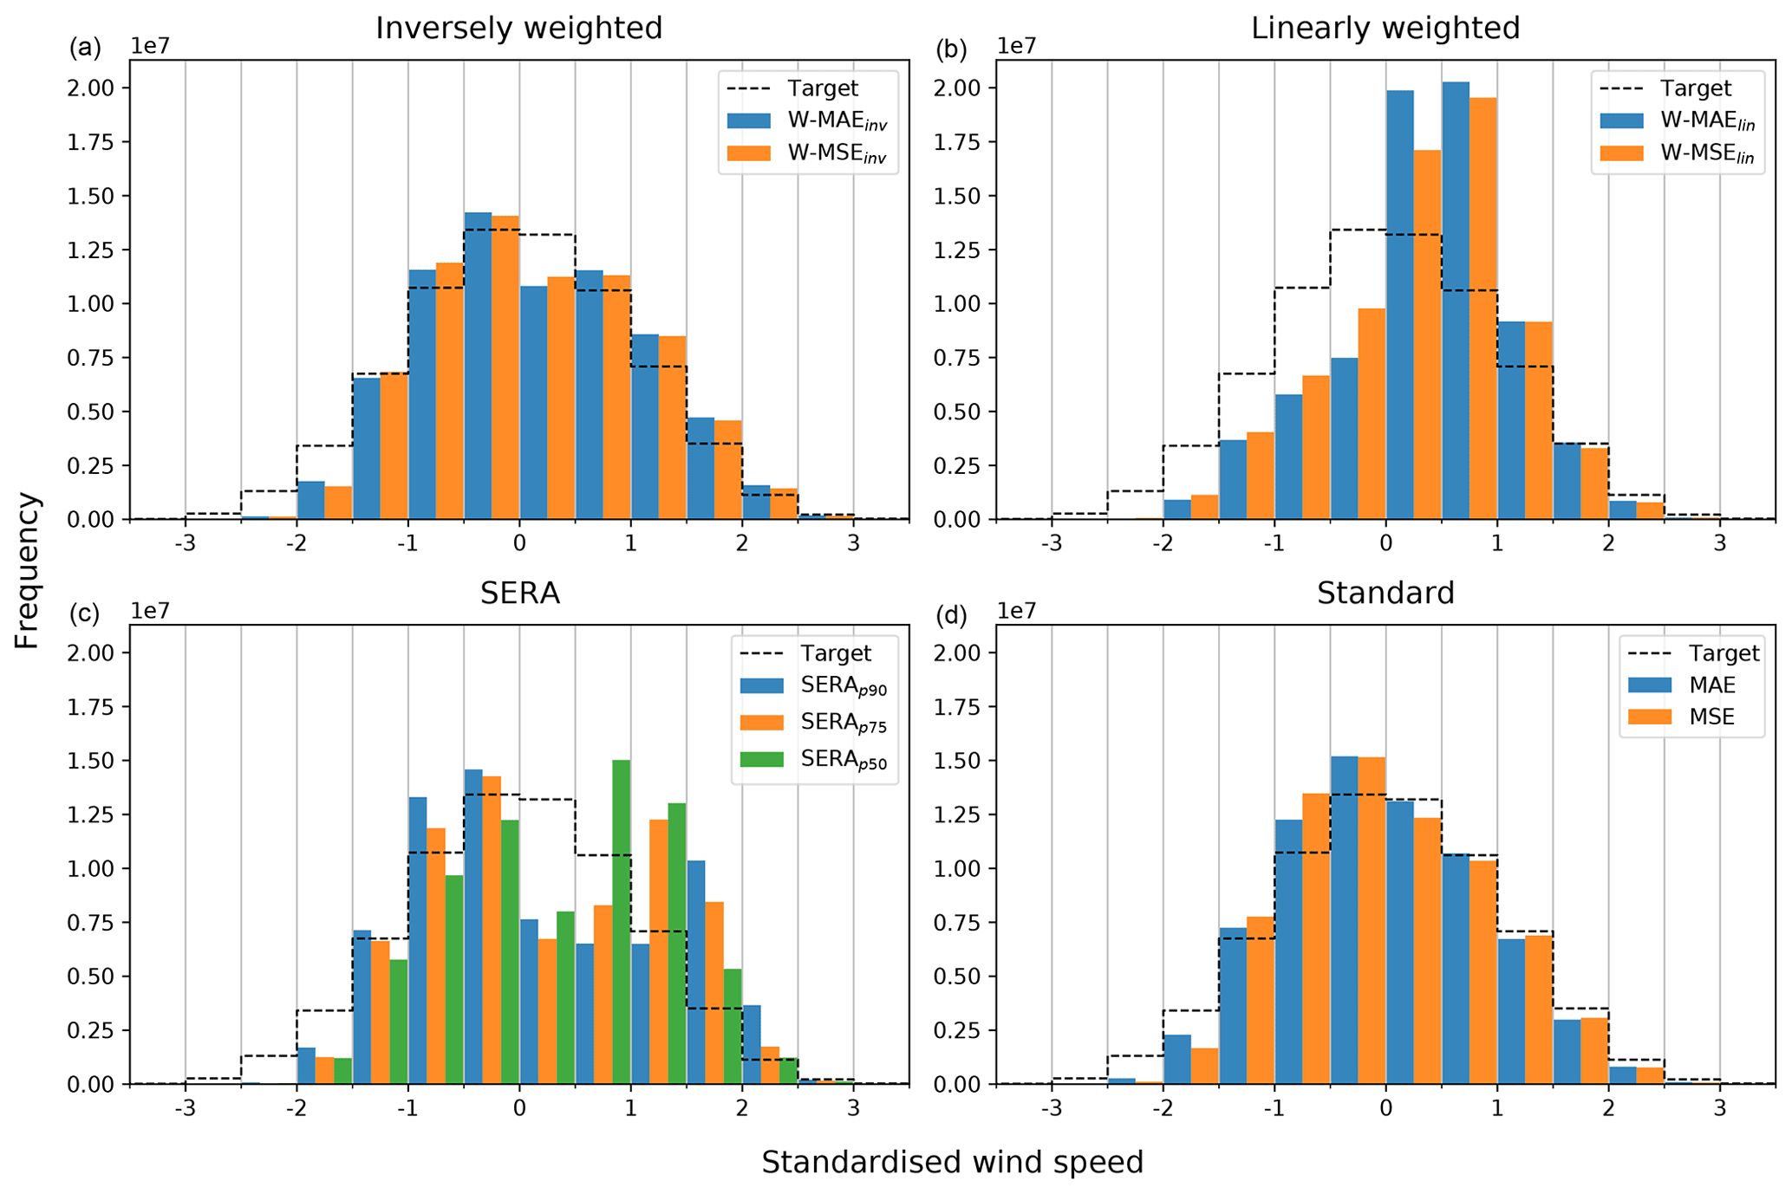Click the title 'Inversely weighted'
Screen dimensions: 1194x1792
(x=518, y=29)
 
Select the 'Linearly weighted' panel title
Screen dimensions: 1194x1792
(x=1385, y=29)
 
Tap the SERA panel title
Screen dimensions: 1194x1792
(x=519, y=594)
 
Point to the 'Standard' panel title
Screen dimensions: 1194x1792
(x=1385, y=594)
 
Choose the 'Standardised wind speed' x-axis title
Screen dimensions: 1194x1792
(x=952, y=1162)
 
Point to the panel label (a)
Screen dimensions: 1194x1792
(x=85, y=48)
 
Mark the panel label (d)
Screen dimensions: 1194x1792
(x=951, y=614)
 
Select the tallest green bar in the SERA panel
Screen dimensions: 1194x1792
(x=621, y=921)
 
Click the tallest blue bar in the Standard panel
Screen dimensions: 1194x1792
(x=1344, y=919)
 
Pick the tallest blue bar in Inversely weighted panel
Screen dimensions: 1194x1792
(x=478, y=365)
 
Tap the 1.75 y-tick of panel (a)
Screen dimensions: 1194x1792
(x=91, y=142)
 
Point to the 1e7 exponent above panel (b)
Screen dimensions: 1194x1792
(x=1017, y=46)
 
